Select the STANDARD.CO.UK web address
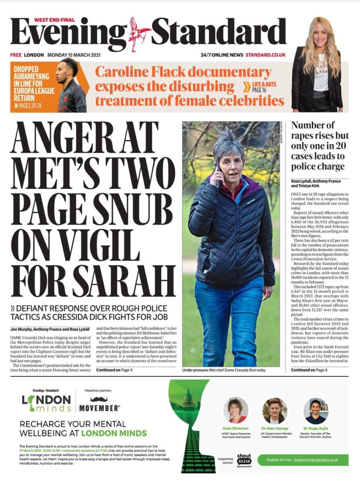265,55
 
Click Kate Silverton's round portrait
236,411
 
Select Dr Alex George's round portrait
275,411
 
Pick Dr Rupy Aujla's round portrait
315,411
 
